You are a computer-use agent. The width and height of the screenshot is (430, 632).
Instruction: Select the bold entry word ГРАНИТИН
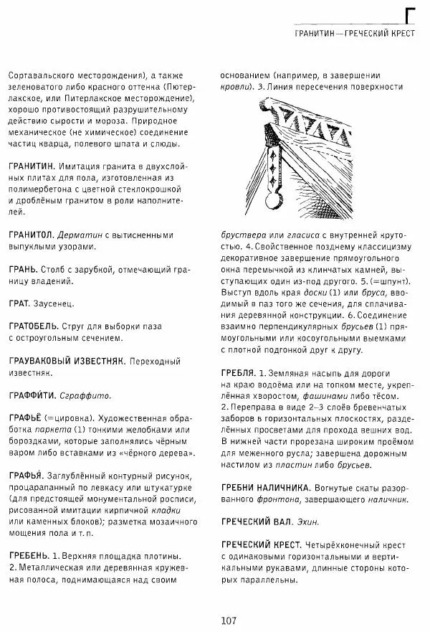tap(31, 166)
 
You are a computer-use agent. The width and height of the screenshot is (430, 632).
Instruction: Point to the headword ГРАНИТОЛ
tap(30, 235)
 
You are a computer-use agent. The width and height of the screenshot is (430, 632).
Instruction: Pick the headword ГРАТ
tap(20, 303)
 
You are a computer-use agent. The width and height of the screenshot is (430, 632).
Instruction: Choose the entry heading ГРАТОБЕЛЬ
tap(35, 326)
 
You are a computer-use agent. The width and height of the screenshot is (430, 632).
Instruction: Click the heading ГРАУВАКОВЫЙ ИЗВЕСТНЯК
tap(67, 360)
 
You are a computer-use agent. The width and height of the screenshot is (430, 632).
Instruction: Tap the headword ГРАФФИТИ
tap(33, 395)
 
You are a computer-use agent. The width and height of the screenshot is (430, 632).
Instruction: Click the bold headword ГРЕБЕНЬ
tap(29, 555)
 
